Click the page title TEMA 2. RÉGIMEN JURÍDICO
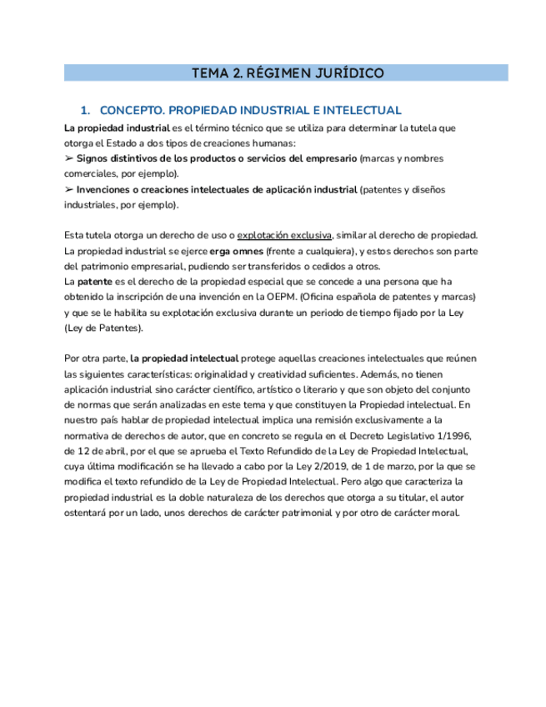[x=287, y=73]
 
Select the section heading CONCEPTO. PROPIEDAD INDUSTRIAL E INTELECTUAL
[x=250, y=110]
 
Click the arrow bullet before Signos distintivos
[x=69, y=158]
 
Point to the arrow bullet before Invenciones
[x=69, y=190]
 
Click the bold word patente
[x=94, y=282]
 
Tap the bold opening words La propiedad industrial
[x=116, y=128]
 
